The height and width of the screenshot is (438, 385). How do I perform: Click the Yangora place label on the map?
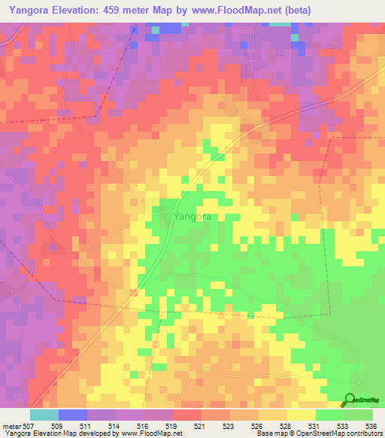coord(192,217)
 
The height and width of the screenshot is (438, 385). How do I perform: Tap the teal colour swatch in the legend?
coord(44,415)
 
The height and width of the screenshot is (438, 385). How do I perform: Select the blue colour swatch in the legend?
coord(73,415)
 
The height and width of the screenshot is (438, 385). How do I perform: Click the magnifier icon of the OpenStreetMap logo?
coord(350,399)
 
